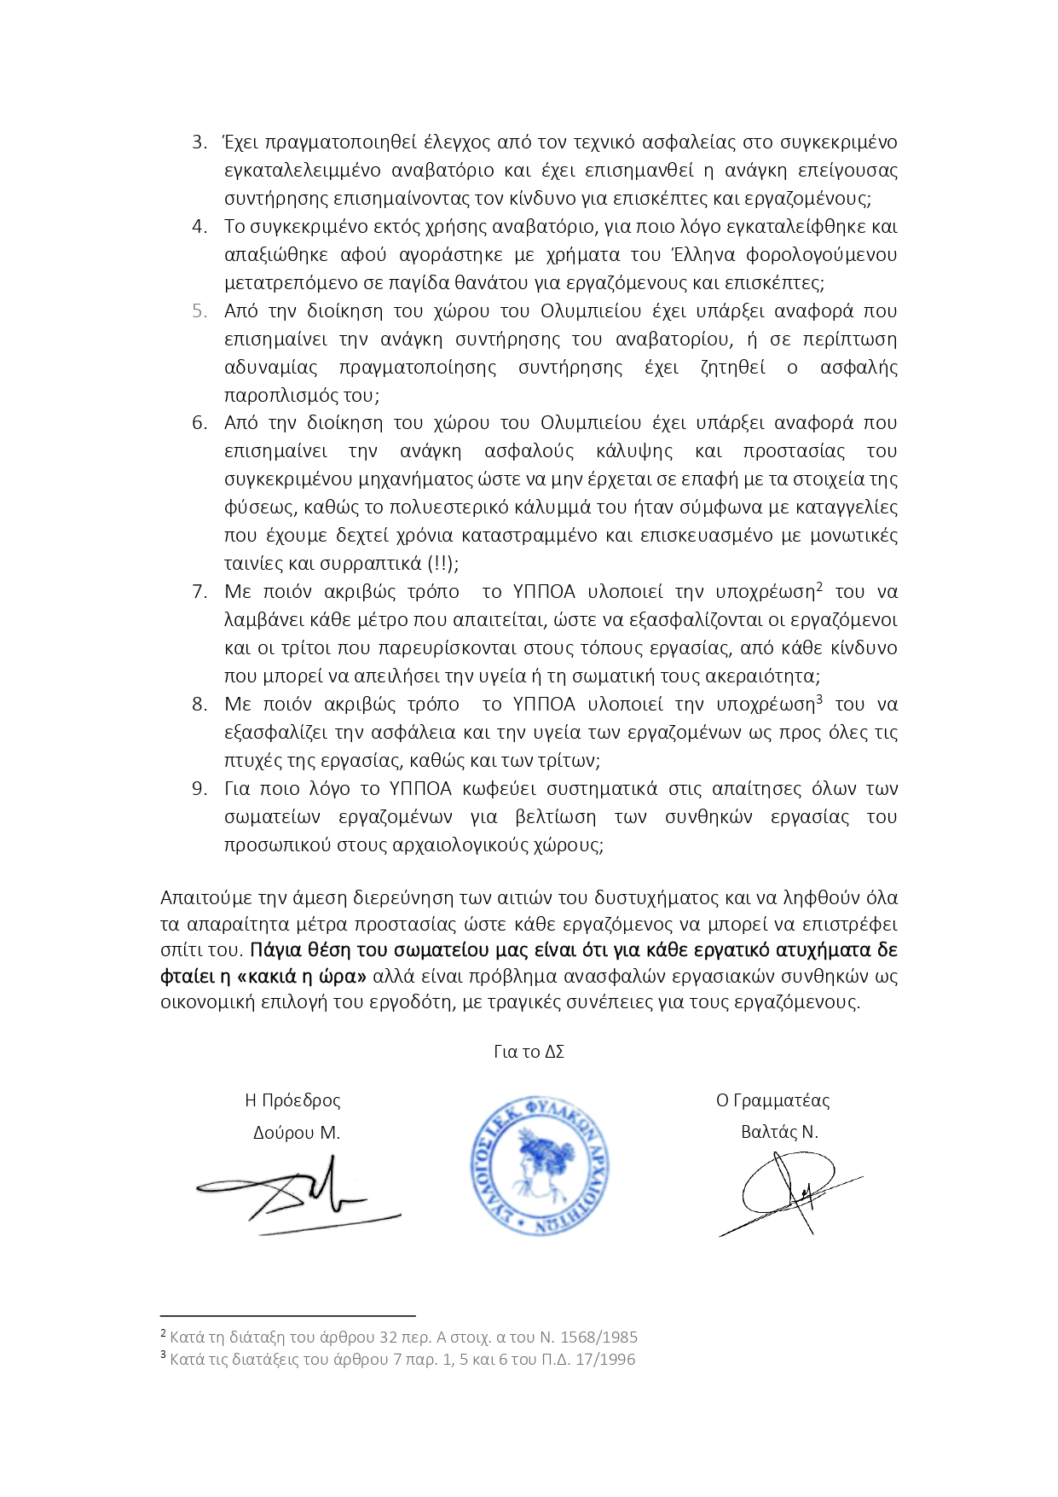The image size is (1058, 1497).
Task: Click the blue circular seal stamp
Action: click(538, 1165)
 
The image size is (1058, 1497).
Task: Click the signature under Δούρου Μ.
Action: click(298, 1194)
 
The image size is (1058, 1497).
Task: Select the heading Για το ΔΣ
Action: click(529, 1052)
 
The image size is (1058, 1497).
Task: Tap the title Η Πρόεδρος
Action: click(292, 1100)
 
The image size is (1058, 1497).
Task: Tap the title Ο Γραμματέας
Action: click(772, 1100)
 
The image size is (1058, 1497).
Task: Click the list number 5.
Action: click(199, 311)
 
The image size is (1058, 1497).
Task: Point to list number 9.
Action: click(199, 789)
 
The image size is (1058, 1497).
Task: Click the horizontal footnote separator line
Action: click(287, 1316)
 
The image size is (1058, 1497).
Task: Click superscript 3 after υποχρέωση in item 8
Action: click(819, 699)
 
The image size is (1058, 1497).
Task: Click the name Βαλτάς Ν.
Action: click(779, 1133)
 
